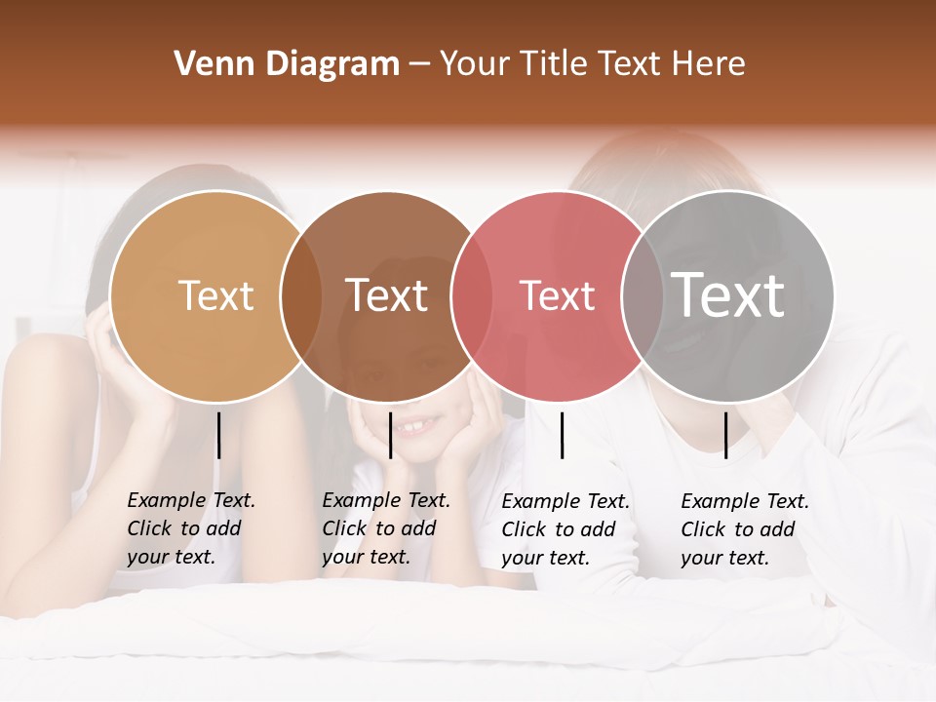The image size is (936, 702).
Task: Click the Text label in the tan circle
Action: click(x=215, y=295)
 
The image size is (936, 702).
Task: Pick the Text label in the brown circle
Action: click(x=387, y=295)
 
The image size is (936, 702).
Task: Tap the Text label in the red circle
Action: click(x=557, y=295)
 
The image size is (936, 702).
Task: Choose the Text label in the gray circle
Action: click(x=728, y=295)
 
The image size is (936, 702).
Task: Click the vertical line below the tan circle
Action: click(x=218, y=435)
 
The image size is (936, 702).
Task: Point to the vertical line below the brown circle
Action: click(x=390, y=435)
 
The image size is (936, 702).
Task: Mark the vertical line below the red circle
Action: click(x=563, y=435)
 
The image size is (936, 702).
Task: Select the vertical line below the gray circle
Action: click(x=725, y=435)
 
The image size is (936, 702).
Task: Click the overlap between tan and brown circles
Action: click(x=300, y=296)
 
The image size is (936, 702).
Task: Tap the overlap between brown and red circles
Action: click(x=471, y=296)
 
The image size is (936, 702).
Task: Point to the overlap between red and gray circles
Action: click(x=642, y=296)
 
